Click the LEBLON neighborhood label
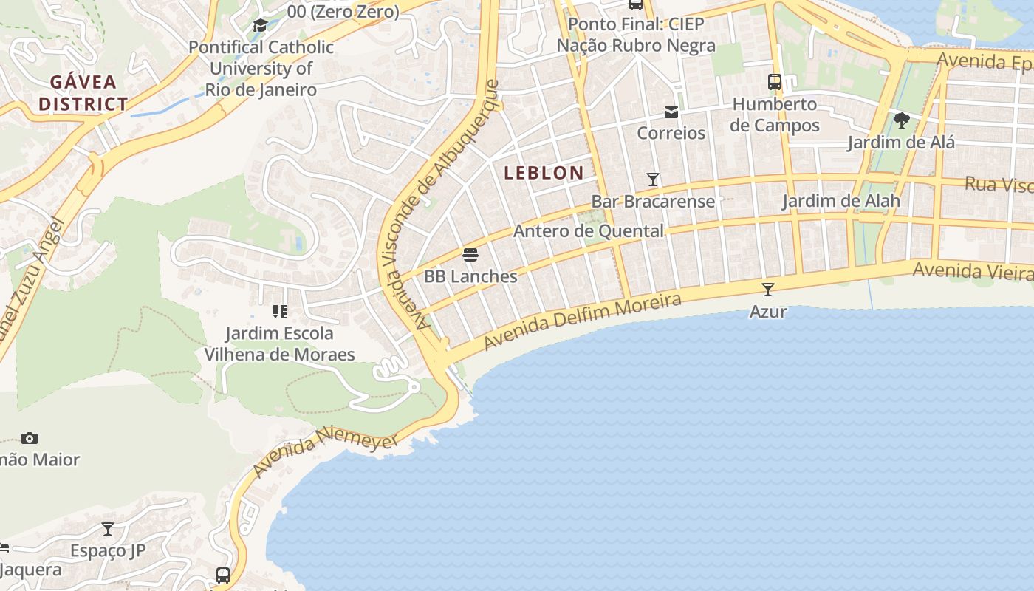pos(544,173)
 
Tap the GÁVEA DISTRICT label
pos(83,92)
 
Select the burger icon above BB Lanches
pos(470,256)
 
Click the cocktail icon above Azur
pos(768,290)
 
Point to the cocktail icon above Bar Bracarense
pos(653,180)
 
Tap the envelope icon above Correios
pos(671,112)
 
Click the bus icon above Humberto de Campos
pos(775,82)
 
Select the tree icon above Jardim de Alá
pos(901,120)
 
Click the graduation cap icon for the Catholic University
pos(260,26)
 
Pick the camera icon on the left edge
pos(30,438)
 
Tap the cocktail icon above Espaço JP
pos(108,529)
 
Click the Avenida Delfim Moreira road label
pos(583,322)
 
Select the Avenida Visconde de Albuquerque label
pos(436,207)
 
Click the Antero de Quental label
pos(588,231)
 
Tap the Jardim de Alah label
pos(840,201)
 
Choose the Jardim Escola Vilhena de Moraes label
pos(279,344)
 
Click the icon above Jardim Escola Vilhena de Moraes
pos(279,312)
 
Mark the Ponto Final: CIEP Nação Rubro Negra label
pos(636,35)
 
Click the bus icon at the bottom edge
pos(223,575)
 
